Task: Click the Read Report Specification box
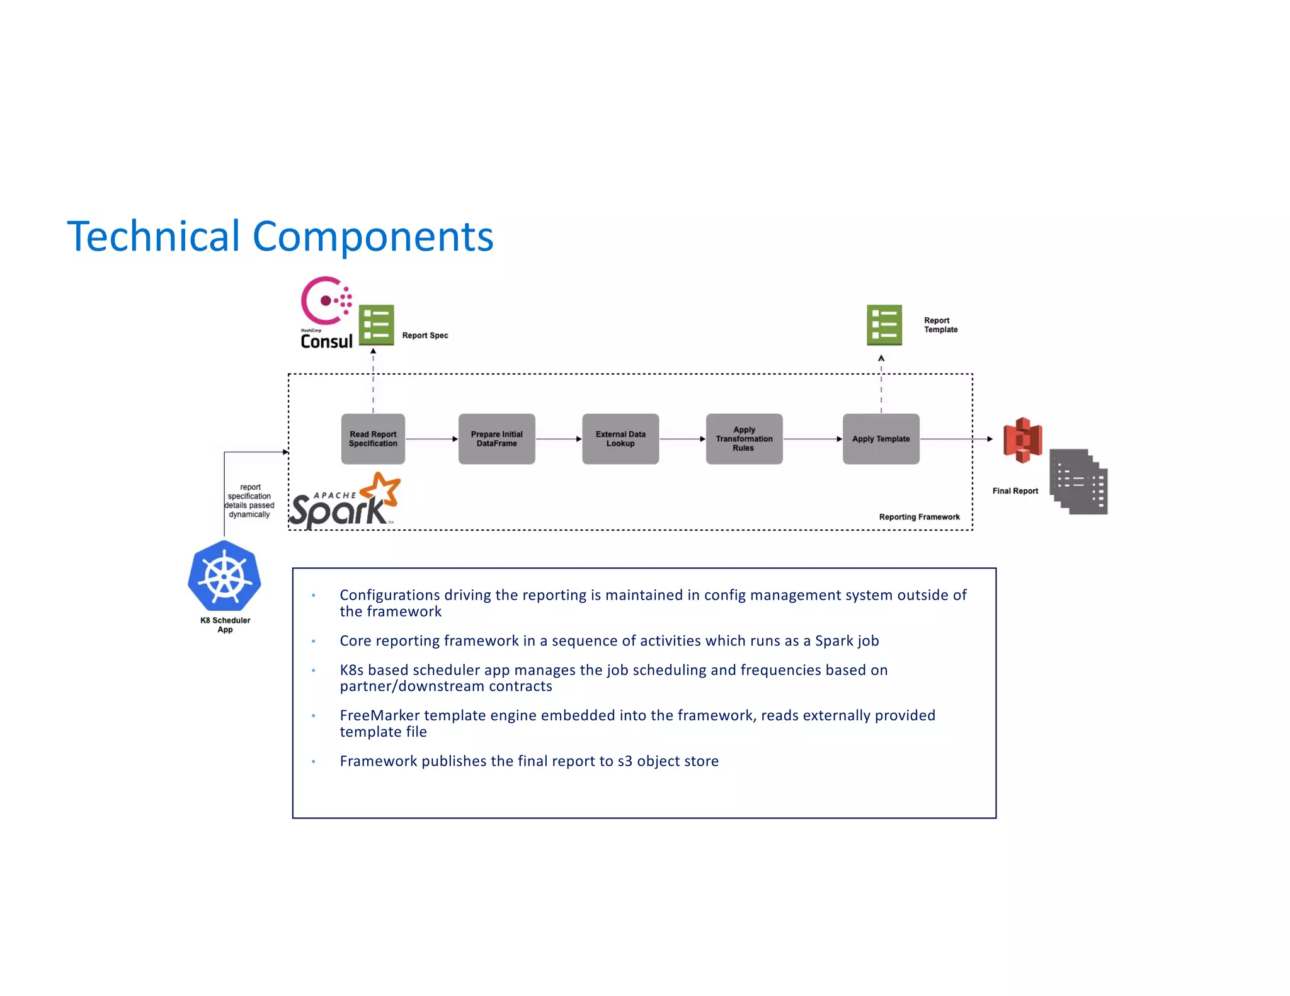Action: tap(373, 439)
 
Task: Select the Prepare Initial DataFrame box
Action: tap(496, 439)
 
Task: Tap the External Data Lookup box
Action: tap(620, 439)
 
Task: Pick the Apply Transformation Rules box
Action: tap(744, 439)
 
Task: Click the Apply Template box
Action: tap(881, 439)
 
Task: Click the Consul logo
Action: tap(326, 313)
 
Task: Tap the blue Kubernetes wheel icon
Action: tap(224, 576)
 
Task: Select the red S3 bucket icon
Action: tap(1022, 439)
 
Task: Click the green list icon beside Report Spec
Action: tap(376, 325)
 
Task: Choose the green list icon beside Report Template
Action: tap(884, 325)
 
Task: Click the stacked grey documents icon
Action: tap(1079, 482)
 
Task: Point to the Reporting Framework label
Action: tap(919, 517)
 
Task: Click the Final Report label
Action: tap(1015, 491)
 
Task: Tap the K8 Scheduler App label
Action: tap(225, 625)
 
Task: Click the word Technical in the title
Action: tap(153, 237)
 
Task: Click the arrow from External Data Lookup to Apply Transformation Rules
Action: tap(682, 439)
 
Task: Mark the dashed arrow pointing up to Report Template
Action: tap(881, 384)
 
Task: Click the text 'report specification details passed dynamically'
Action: tap(249, 501)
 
